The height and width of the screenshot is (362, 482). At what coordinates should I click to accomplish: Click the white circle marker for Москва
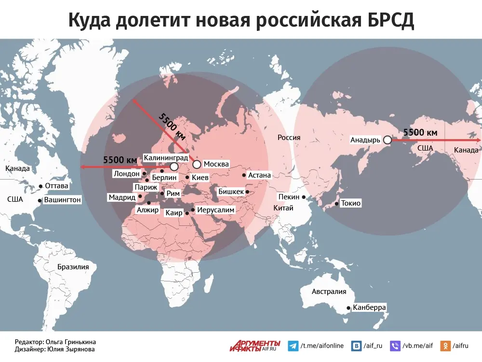tap(197, 165)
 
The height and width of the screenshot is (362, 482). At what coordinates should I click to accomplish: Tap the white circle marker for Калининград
tap(174, 167)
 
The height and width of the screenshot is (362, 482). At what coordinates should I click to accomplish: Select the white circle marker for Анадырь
tap(387, 140)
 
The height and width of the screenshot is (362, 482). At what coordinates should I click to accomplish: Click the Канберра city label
tap(369, 307)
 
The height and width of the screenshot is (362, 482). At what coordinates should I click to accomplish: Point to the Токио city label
tap(350, 203)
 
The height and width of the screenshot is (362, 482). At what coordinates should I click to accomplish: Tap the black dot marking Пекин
tap(304, 197)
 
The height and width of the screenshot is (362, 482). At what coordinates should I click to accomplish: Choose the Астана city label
tap(259, 175)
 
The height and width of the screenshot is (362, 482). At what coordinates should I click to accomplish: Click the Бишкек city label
tap(231, 192)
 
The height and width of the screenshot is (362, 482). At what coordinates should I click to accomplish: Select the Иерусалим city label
tap(216, 210)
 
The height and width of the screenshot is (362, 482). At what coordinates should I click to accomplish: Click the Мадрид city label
tap(121, 197)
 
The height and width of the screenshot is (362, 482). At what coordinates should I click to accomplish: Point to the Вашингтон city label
tap(63, 199)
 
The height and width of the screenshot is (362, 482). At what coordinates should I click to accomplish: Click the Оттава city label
tap(56, 186)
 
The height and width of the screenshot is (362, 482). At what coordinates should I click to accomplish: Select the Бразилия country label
tap(73, 267)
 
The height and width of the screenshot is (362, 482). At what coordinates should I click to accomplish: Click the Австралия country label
tap(329, 292)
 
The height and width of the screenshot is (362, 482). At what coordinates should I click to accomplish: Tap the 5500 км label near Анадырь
tap(420, 132)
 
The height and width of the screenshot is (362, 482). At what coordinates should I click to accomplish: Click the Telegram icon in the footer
tap(293, 346)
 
